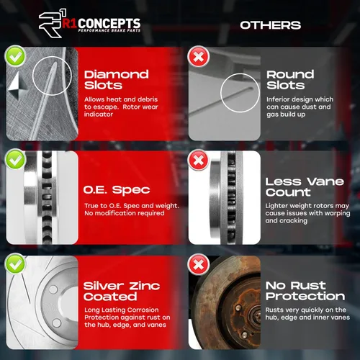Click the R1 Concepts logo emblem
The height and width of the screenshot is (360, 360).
click(53, 23)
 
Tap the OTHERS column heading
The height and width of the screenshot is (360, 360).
click(270, 25)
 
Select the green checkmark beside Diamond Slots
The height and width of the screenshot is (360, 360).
click(15, 56)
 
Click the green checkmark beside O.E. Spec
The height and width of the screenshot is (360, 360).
click(15, 159)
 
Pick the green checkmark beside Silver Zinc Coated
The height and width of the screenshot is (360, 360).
click(15, 264)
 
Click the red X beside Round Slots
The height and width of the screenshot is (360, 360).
click(199, 57)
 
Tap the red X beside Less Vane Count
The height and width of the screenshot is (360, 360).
click(199, 160)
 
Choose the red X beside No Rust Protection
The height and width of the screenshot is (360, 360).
click(199, 264)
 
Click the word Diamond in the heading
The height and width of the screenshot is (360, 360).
click(117, 74)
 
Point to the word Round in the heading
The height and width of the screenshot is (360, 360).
click(290, 74)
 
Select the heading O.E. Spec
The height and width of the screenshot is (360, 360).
click(117, 190)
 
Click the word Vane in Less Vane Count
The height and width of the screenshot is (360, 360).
click(325, 181)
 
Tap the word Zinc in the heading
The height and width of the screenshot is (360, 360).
click(145, 286)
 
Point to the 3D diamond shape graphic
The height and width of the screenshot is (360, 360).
click(17, 86)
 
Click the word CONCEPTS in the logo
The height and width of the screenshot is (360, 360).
click(109, 24)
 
